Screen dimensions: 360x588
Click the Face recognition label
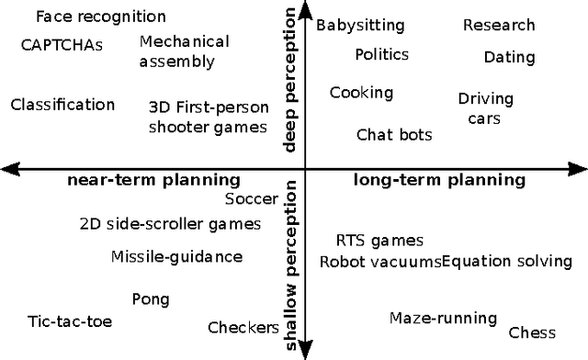pyautogui.click(x=101, y=17)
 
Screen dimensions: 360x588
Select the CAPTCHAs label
pyautogui.click(x=62, y=44)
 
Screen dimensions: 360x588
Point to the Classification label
pyautogui.click(x=62, y=105)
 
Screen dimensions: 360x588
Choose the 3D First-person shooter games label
pyautogui.click(x=208, y=117)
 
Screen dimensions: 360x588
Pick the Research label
pyautogui.click(x=499, y=26)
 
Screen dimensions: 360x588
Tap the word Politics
pyautogui.click(x=381, y=55)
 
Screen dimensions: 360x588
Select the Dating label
pyautogui.click(x=509, y=58)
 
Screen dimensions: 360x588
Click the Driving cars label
pyautogui.click(x=485, y=108)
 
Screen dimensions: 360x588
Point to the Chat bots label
pyautogui.click(x=394, y=135)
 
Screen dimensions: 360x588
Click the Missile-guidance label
pyautogui.click(x=177, y=257)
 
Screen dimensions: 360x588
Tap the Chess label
pyautogui.click(x=532, y=333)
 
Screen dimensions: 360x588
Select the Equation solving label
pyautogui.click(x=507, y=262)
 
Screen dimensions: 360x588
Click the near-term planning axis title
pyautogui.click(x=153, y=180)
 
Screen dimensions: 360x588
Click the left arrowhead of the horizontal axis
pyautogui.click(x=7, y=168)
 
